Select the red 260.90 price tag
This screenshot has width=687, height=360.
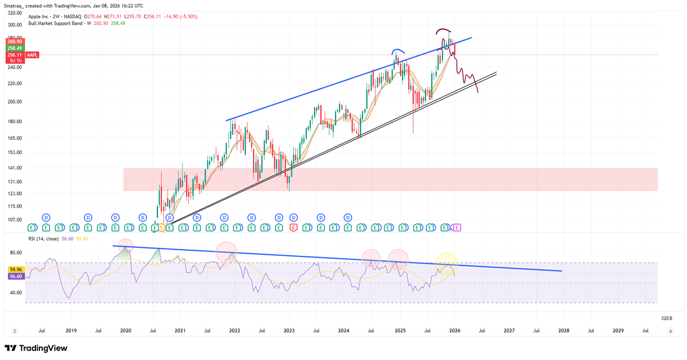click(x=14, y=41)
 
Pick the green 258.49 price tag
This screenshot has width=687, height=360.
click(x=14, y=48)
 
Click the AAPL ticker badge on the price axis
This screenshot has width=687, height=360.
click(x=32, y=55)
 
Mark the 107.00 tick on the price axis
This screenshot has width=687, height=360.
click(x=15, y=220)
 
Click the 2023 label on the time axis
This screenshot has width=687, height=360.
click(x=289, y=331)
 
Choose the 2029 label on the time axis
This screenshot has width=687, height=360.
click(x=618, y=331)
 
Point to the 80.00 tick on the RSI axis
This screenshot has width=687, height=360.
click(x=15, y=253)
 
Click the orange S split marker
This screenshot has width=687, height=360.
click(x=161, y=228)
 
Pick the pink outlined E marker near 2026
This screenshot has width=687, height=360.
click(x=457, y=228)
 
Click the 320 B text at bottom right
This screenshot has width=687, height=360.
click(x=666, y=318)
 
